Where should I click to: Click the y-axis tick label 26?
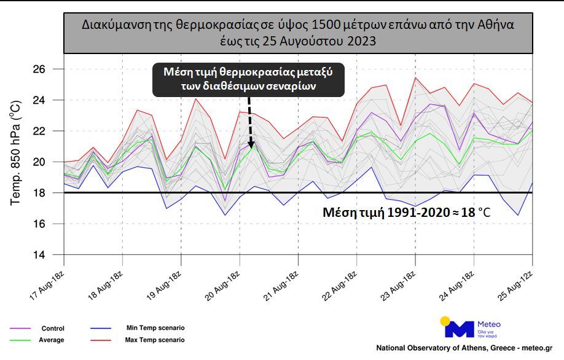pyautogui.click(x=39, y=69)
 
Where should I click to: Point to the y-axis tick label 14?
pyautogui.click(x=39, y=255)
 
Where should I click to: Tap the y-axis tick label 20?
pyautogui.click(x=39, y=162)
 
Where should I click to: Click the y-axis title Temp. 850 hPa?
pyautogui.click(x=16, y=151)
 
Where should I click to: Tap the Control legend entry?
pyautogui.click(x=52, y=329)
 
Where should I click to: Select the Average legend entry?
pyautogui.click(x=52, y=340)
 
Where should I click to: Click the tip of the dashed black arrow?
pyautogui.click(x=250, y=147)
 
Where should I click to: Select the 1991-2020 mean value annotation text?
pyautogui.click(x=407, y=213)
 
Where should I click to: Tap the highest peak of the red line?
pyautogui.click(x=416, y=77)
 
